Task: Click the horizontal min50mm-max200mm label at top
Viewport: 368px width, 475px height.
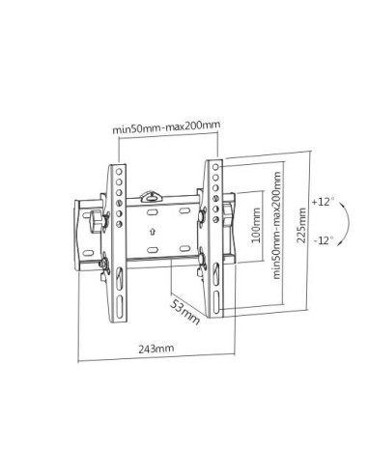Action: point(165,126)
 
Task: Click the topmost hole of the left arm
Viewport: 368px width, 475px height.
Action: point(118,169)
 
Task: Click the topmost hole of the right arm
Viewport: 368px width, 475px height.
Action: point(212,168)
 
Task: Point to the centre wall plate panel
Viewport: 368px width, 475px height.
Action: point(159,232)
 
